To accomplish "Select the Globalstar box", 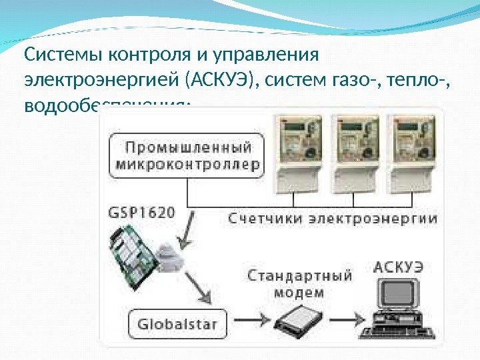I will coord(177,324).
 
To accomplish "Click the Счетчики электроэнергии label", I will coord(333,217).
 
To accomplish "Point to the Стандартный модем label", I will coord(300,283).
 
